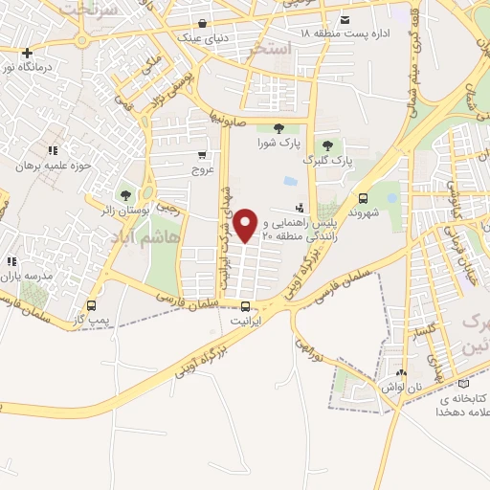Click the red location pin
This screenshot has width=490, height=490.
tap(247, 225)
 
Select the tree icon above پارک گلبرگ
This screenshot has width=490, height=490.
tap(326, 145)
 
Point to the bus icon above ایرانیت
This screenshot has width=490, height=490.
tap(247, 307)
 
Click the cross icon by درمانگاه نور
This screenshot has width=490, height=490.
tap(27, 54)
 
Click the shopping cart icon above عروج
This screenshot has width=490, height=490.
tap(202, 155)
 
